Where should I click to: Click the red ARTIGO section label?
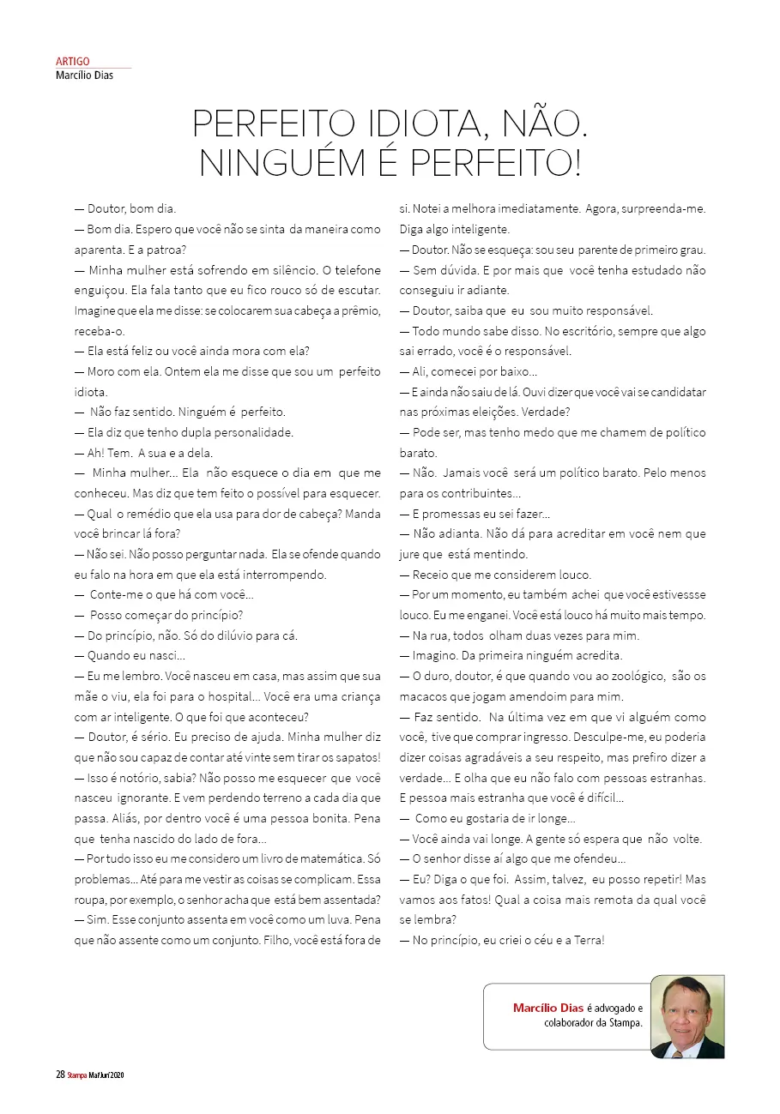pyautogui.click(x=72, y=62)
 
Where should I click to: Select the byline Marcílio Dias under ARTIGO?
pyautogui.click(x=84, y=75)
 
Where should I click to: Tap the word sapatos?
pyautogui.click(x=355, y=757)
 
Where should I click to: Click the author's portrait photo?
pyautogui.click(x=687, y=1016)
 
